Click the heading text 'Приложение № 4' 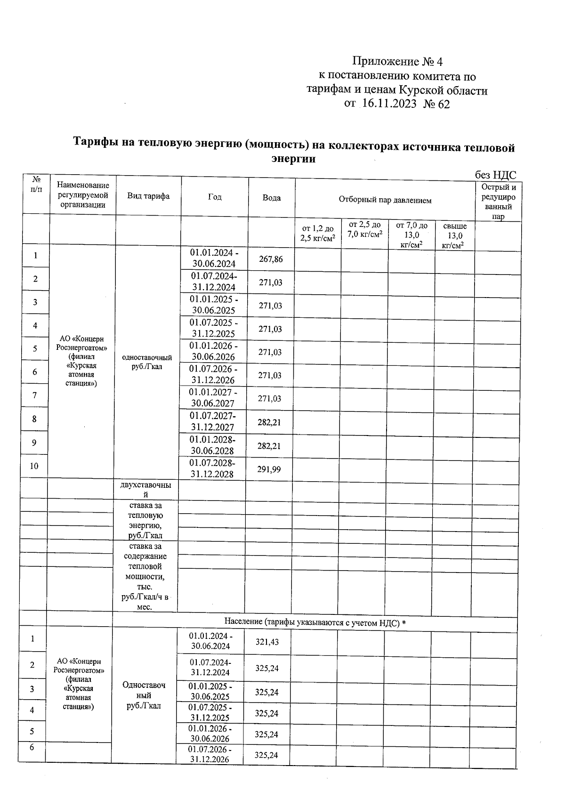397,62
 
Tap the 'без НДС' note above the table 495,175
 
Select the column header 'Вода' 271,198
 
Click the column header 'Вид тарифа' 148,196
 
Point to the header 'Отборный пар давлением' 385,200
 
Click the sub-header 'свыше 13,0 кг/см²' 455,235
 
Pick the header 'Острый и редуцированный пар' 498,202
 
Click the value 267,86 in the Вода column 271,259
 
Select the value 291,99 269,469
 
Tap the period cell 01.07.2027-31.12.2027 212,421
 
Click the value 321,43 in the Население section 267,641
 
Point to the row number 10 34,466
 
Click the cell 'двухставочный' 146,490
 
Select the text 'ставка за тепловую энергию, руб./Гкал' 145,520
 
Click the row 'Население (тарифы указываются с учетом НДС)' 315,623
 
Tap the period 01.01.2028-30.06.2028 212,445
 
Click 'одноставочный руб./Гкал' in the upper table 147,362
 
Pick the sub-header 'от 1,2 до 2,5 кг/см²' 318,233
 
